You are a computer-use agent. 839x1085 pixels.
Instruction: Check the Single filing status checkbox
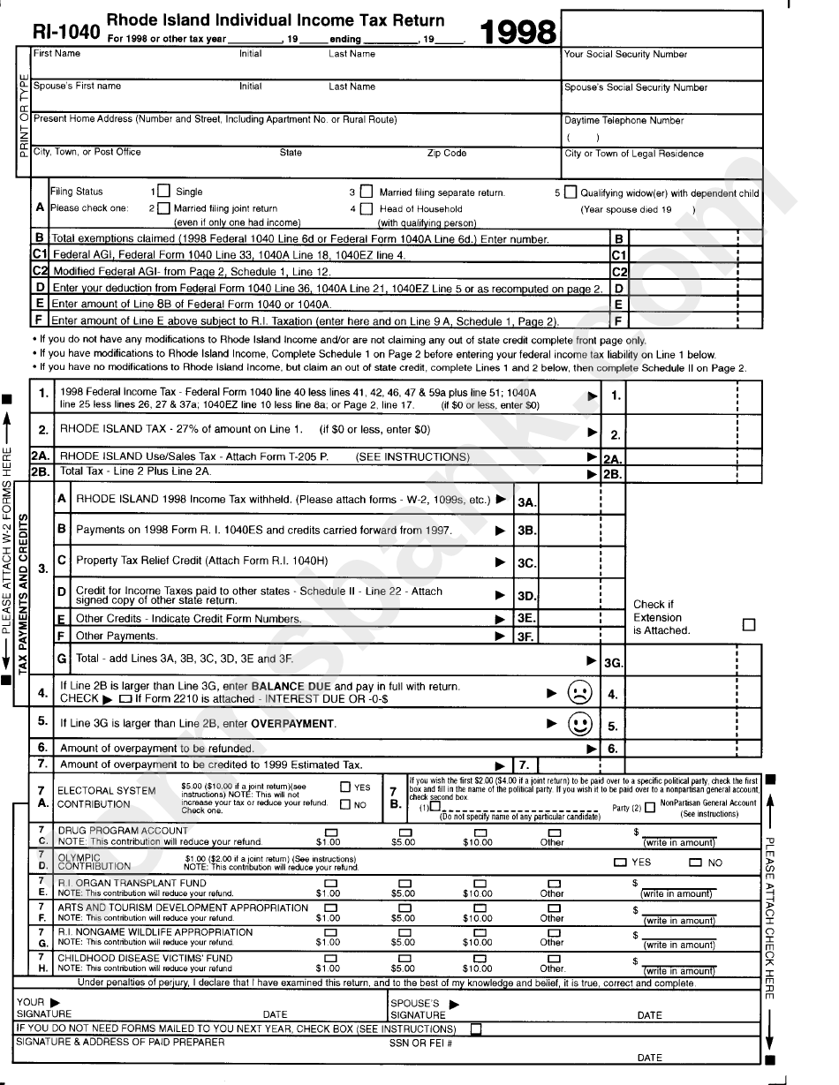tap(163, 191)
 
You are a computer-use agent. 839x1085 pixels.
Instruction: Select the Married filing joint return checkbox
tap(163, 209)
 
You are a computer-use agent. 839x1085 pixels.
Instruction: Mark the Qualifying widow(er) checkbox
tap(571, 192)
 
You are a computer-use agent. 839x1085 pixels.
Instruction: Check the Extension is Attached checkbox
tap(749, 624)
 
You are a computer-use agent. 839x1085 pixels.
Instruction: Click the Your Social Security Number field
tap(660, 67)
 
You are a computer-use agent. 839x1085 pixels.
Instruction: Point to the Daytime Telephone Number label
tap(624, 120)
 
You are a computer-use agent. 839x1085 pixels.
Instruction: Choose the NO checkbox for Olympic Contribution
tap(696, 863)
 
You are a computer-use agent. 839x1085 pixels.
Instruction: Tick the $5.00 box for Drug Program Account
tap(404, 833)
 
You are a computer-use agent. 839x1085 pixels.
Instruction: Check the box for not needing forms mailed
tap(477, 1028)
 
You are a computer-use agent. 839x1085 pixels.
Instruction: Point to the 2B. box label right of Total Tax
tap(613, 474)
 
